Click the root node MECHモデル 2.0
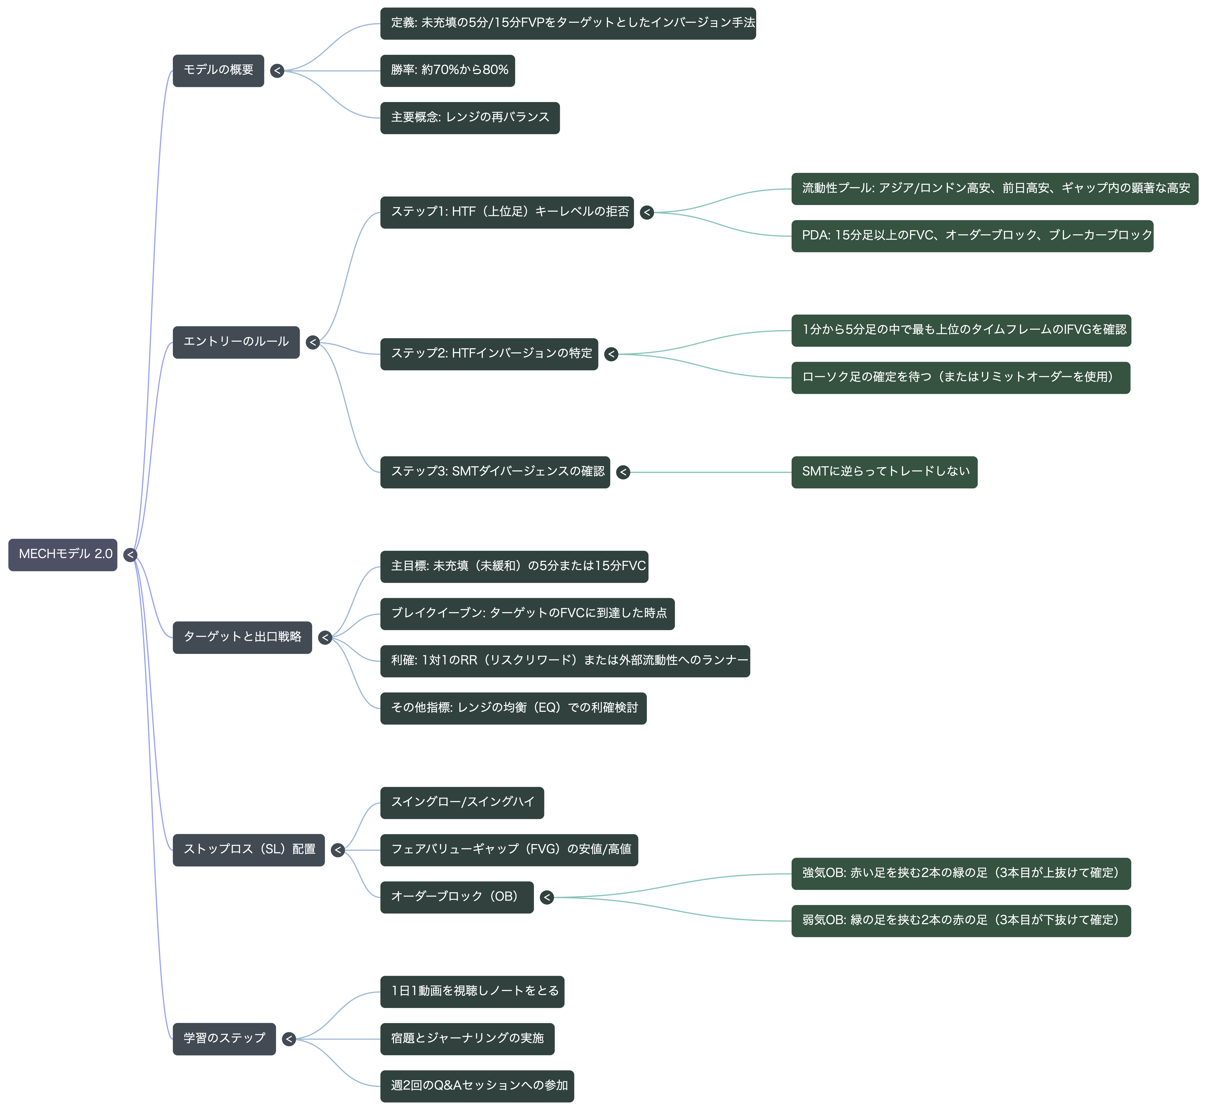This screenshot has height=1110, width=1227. [63, 555]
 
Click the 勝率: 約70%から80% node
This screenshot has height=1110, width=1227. [447, 71]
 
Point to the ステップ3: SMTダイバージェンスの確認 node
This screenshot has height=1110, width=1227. [495, 472]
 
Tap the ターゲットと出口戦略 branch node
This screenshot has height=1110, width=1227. [242, 638]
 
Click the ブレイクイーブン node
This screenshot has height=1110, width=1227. [527, 614]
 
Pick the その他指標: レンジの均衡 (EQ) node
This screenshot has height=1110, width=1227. [513, 708]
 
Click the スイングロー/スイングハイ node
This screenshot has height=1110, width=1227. [462, 803]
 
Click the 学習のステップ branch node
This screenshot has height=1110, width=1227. [224, 1039]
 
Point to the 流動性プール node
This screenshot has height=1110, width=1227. [995, 189]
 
